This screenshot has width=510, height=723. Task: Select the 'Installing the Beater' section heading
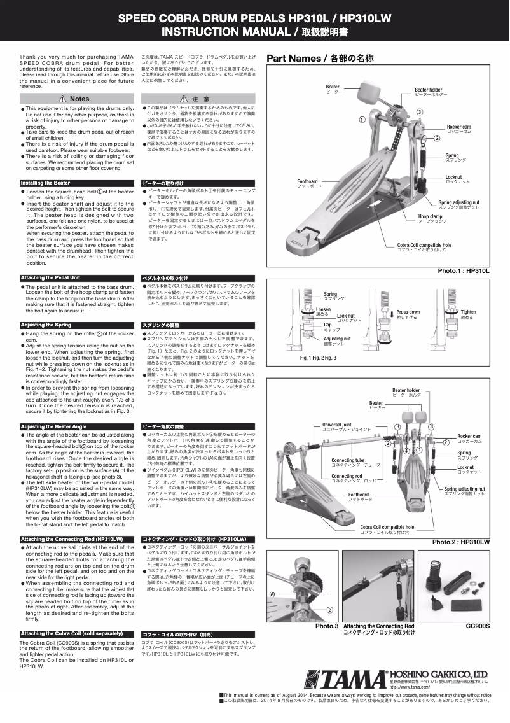(46, 183)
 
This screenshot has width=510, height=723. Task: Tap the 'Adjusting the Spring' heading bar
(46, 325)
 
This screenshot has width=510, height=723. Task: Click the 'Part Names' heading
(320, 59)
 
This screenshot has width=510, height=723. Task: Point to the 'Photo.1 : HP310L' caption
(464, 271)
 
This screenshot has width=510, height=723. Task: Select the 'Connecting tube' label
(347, 460)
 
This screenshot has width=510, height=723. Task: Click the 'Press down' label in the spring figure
(408, 312)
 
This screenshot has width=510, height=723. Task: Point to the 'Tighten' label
(468, 312)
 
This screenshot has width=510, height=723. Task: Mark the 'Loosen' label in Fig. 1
(323, 309)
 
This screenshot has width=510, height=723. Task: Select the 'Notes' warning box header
(76, 99)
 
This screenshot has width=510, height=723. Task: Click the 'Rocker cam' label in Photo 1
(459, 127)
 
